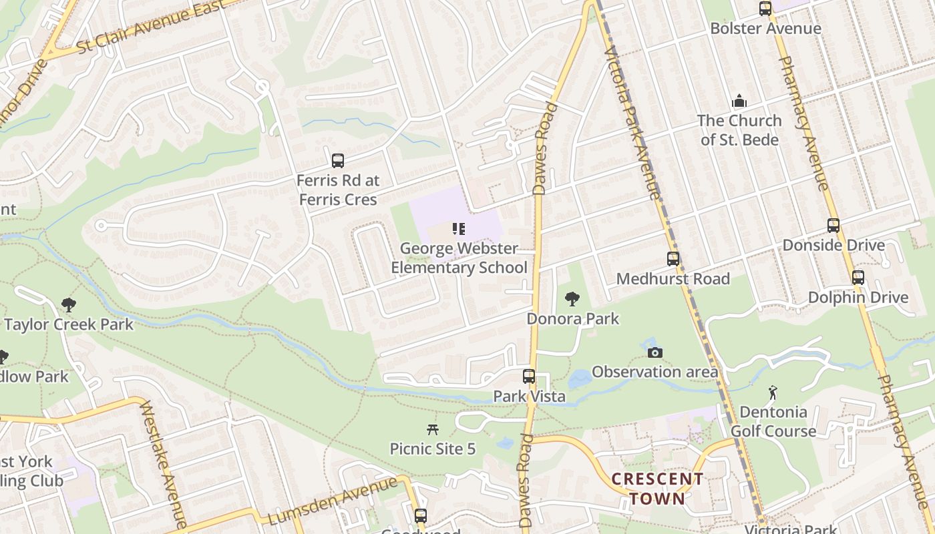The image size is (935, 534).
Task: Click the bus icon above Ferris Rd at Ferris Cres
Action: tap(338, 160)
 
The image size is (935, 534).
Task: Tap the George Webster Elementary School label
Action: tap(459, 258)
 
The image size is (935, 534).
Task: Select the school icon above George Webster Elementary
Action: tap(458, 230)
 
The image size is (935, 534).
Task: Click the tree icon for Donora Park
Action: tap(572, 299)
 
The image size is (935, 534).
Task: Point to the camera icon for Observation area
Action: tap(655, 352)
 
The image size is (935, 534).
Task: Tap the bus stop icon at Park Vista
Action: tap(529, 376)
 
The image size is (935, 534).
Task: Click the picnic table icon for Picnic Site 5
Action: tap(433, 429)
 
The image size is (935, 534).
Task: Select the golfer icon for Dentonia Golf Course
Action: tap(773, 392)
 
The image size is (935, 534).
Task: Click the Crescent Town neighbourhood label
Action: tap(657, 489)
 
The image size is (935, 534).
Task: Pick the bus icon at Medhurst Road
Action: tap(673, 259)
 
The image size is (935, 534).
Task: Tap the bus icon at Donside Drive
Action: tap(833, 226)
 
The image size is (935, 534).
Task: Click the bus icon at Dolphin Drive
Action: tap(858, 278)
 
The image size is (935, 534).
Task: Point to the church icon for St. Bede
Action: tap(739, 101)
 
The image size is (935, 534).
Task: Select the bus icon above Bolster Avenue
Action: tap(765, 9)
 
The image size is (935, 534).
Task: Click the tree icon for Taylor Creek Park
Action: tap(68, 306)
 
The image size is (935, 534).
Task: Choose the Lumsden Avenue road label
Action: tap(333, 501)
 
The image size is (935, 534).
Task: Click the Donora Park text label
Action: tap(573, 319)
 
